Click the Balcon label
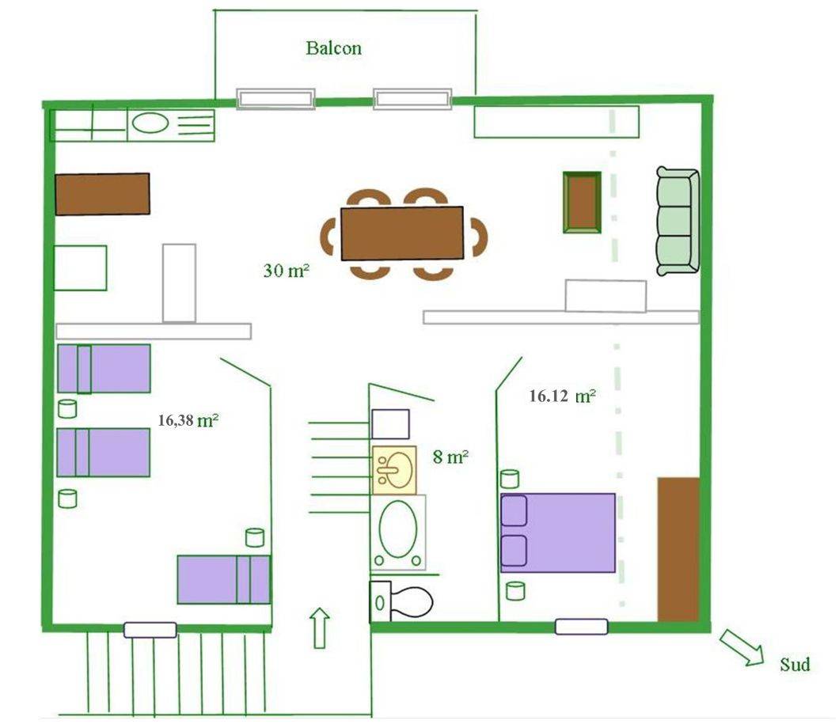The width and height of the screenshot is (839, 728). pyautogui.click(x=334, y=48)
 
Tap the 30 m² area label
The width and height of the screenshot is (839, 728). pyautogui.click(x=287, y=270)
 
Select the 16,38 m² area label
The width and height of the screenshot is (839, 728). pyautogui.click(x=188, y=420)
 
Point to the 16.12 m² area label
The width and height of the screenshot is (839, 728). pyautogui.click(x=563, y=396)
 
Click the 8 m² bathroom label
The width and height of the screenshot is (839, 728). pyautogui.click(x=450, y=457)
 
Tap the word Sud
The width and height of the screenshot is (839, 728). pyautogui.click(x=795, y=665)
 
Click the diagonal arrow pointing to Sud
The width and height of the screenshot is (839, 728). pyautogui.click(x=742, y=648)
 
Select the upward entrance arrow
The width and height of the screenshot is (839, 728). pyautogui.click(x=320, y=628)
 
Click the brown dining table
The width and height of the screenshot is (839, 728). pyautogui.click(x=402, y=233)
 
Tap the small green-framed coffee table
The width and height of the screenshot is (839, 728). pyautogui.click(x=583, y=203)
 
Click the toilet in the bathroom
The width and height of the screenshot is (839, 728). pyautogui.click(x=401, y=601)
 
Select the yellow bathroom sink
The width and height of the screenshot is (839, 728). pyautogui.click(x=394, y=470)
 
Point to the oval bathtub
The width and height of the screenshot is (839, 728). pyautogui.click(x=398, y=533)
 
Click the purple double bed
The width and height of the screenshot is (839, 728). pyautogui.click(x=558, y=533)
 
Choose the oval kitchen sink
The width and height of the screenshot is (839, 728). pyautogui.click(x=150, y=123)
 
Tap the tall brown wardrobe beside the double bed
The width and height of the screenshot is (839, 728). pyautogui.click(x=678, y=549)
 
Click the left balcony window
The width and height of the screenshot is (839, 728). pyautogui.click(x=275, y=99)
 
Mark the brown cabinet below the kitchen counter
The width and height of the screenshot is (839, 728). pyautogui.click(x=103, y=194)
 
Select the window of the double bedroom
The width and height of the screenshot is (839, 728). pyautogui.click(x=582, y=627)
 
